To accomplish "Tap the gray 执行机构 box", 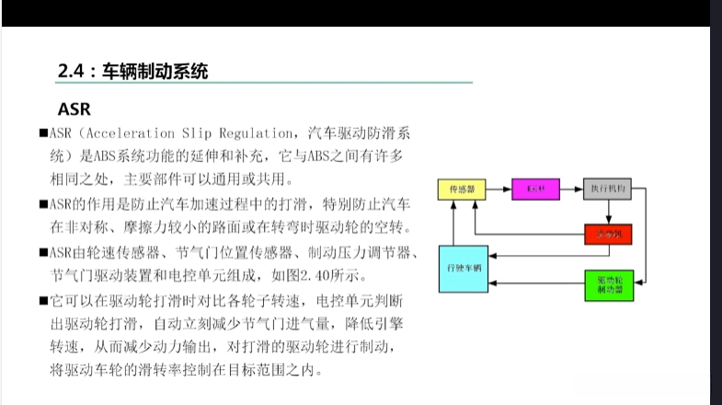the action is pyautogui.click(x=608, y=189).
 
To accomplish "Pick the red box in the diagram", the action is pyautogui.click(x=608, y=234).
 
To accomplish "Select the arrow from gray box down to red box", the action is pyautogui.click(x=608, y=211).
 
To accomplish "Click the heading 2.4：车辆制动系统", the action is pyautogui.click(x=132, y=70).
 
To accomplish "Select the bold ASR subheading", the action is pyautogui.click(x=74, y=109).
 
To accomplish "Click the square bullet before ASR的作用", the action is pyautogui.click(x=43, y=204).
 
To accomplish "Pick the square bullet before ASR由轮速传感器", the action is pyautogui.click(x=43, y=252).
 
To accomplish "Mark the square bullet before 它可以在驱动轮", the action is pyautogui.click(x=43, y=300).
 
